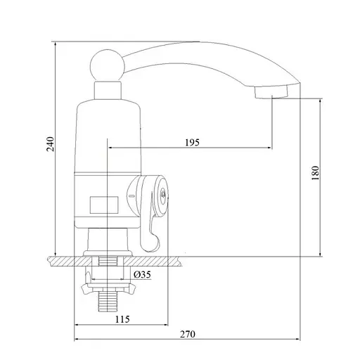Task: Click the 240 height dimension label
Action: (x=51, y=144)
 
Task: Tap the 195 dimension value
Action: (x=192, y=143)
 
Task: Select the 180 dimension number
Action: (x=316, y=173)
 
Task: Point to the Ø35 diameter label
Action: (x=142, y=274)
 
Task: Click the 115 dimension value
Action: (x=122, y=319)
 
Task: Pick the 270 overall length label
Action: (x=188, y=334)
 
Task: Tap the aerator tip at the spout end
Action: (x=271, y=92)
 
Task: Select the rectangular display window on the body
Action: (x=104, y=205)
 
